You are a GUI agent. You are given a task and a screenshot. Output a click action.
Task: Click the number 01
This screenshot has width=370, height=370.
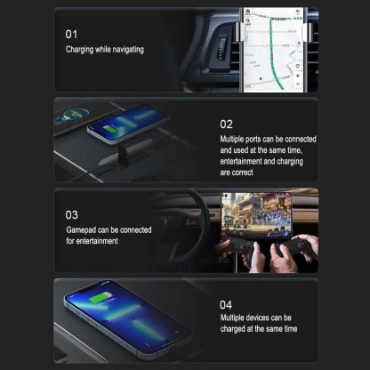point(72,33)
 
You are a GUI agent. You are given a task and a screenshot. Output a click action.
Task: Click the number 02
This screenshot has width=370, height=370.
point(227,124)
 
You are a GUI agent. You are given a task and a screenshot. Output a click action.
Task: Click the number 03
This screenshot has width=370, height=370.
point(72,214)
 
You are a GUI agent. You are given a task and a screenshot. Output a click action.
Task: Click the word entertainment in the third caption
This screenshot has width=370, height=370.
point(90,241)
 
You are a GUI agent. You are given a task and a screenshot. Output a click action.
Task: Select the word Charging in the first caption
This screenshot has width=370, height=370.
point(81,50)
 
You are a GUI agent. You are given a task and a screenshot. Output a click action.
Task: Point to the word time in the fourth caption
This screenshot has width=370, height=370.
point(288,328)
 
